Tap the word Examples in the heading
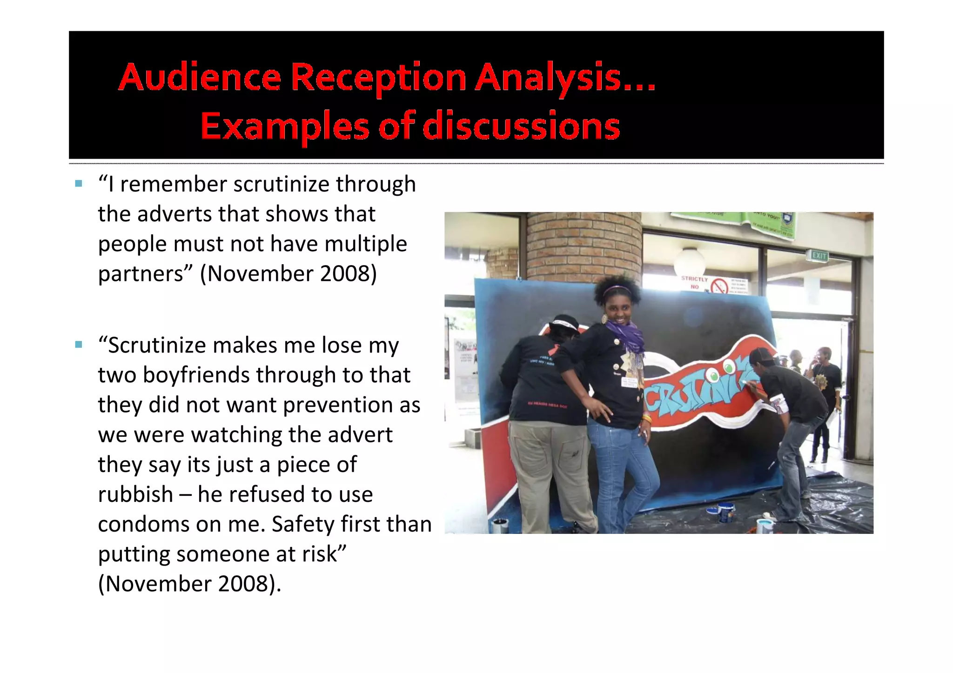tap(284, 127)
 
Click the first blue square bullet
tap(79, 184)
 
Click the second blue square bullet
tap(79, 345)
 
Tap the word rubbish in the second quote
tap(135, 494)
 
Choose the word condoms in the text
tap(143, 525)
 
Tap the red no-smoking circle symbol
tap(719, 286)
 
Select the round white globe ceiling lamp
tap(690, 261)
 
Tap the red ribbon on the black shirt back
tap(553, 349)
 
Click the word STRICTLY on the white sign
tap(694, 279)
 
